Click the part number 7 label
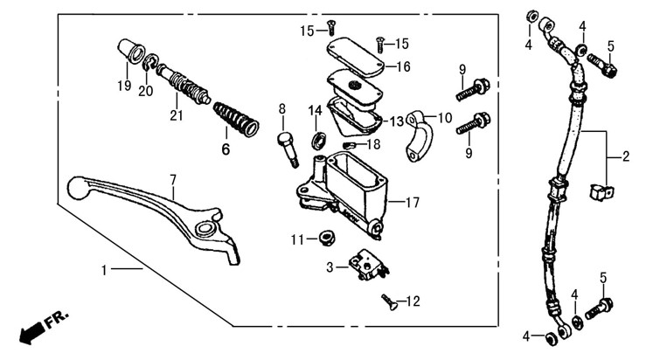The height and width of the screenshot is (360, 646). pos(173,180)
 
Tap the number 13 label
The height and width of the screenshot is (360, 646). pos(397,121)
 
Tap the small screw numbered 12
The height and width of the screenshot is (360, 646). pos(388,302)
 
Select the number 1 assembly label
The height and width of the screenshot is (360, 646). pos(104,271)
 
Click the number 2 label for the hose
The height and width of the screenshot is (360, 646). pos(626,158)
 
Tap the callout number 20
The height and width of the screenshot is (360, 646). pos(145,90)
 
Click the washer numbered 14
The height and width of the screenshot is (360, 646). pos(320,139)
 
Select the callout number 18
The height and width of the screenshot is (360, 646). pos(374,145)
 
